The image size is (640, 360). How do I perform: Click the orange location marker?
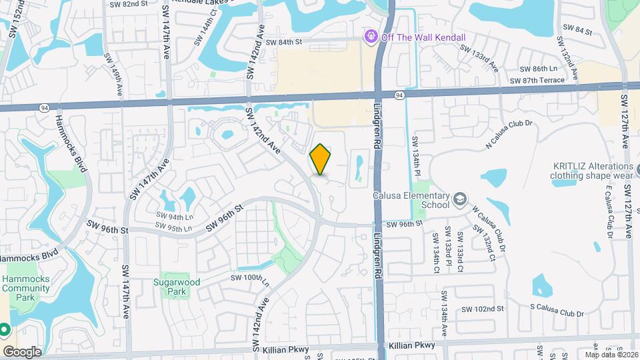pyautogui.click(x=321, y=159)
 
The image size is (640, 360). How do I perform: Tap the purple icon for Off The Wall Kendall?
pyautogui.click(x=371, y=37)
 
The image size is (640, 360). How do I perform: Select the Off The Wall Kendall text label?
pyautogui.click(x=423, y=37)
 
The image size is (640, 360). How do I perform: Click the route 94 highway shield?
pyautogui.click(x=398, y=96)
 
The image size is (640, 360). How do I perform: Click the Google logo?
pyautogui.click(x=22, y=351)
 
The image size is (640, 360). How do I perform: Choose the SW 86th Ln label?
pyautogui.click(x=538, y=69)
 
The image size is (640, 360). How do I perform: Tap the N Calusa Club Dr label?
pyautogui.click(x=511, y=133)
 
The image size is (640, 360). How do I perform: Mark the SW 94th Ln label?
pyautogui.click(x=175, y=217)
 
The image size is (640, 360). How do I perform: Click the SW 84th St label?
pyautogui.click(x=284, y=42)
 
